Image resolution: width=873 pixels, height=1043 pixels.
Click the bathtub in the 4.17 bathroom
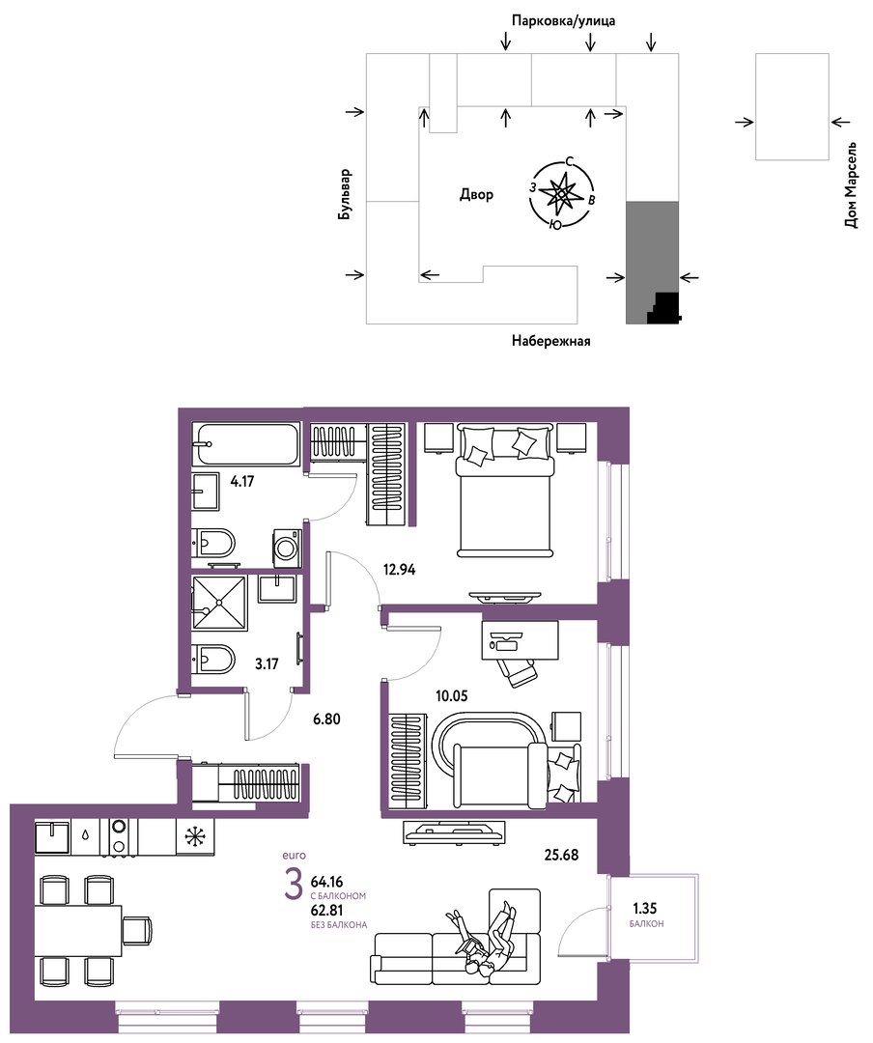tap(246, 444)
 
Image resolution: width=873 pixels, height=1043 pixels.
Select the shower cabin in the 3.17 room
tap(219, 603)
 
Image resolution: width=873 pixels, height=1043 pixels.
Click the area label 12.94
tap(399, 570)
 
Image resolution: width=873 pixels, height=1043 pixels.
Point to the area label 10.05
tap(452, 696)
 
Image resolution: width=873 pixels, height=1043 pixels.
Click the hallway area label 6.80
tap(326, 719)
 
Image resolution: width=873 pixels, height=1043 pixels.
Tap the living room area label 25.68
tap(562, 855)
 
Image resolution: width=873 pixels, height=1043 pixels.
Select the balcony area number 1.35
tap(645, 909)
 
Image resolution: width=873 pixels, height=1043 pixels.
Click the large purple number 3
tap(294, 884)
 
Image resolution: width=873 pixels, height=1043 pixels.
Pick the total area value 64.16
tap(326, 882)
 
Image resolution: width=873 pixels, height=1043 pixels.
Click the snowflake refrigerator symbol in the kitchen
tap(196, 836)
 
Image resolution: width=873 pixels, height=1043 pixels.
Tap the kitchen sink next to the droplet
tap(53, 836)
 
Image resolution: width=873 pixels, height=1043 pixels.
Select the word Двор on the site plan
tap(476, 194)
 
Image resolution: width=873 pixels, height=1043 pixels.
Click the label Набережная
tap(551, 341)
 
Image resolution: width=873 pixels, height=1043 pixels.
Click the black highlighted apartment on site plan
tap(664, 308)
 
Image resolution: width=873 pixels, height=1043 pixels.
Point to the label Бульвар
tap(345, 195)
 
